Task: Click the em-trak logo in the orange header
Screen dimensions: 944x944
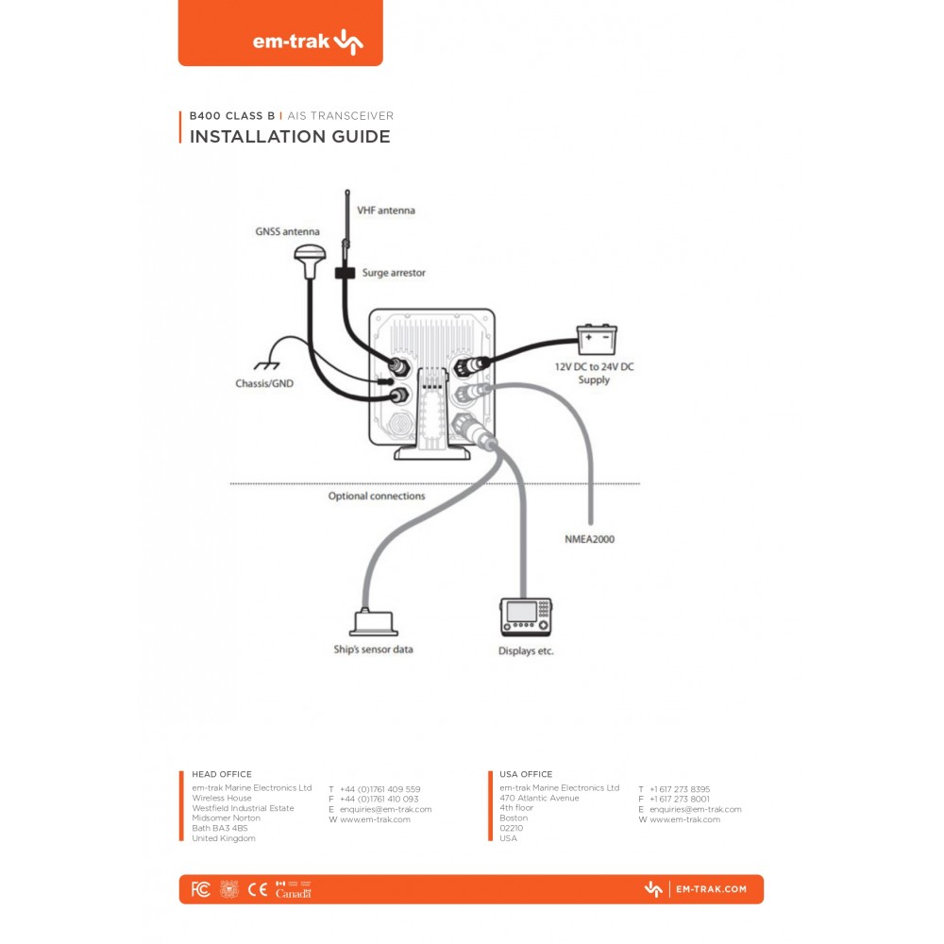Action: click(x=307, y=42)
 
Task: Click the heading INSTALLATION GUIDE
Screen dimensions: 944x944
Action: click(x=290, y=137)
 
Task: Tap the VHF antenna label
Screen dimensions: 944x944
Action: click(x=385, y=211)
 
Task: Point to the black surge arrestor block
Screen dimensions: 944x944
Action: click(x=344, y=273)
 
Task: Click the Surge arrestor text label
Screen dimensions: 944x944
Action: click(x=394, y=273)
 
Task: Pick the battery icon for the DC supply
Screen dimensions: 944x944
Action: click(x=598, y=337)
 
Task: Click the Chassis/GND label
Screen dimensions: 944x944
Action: click(x=264, y=384)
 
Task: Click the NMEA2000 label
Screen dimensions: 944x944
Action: click(x=589, y=540)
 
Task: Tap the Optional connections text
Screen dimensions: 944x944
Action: click(x=377, y=496)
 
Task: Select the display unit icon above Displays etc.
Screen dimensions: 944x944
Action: click(x=525, y=616)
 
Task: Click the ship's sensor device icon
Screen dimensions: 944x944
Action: click(x=373, y=622)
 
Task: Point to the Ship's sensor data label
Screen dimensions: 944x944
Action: click(x=373, y=649)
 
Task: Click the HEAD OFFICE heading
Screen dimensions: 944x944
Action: click(x=222, y=774)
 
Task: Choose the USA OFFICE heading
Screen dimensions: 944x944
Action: click(x=526, y=774)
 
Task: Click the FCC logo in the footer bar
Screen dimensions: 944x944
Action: click(x=200, y=889)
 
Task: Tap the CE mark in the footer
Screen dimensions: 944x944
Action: click(x=257, y=889)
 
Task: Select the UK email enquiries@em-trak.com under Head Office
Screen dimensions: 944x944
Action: click(x=385, y=809)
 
